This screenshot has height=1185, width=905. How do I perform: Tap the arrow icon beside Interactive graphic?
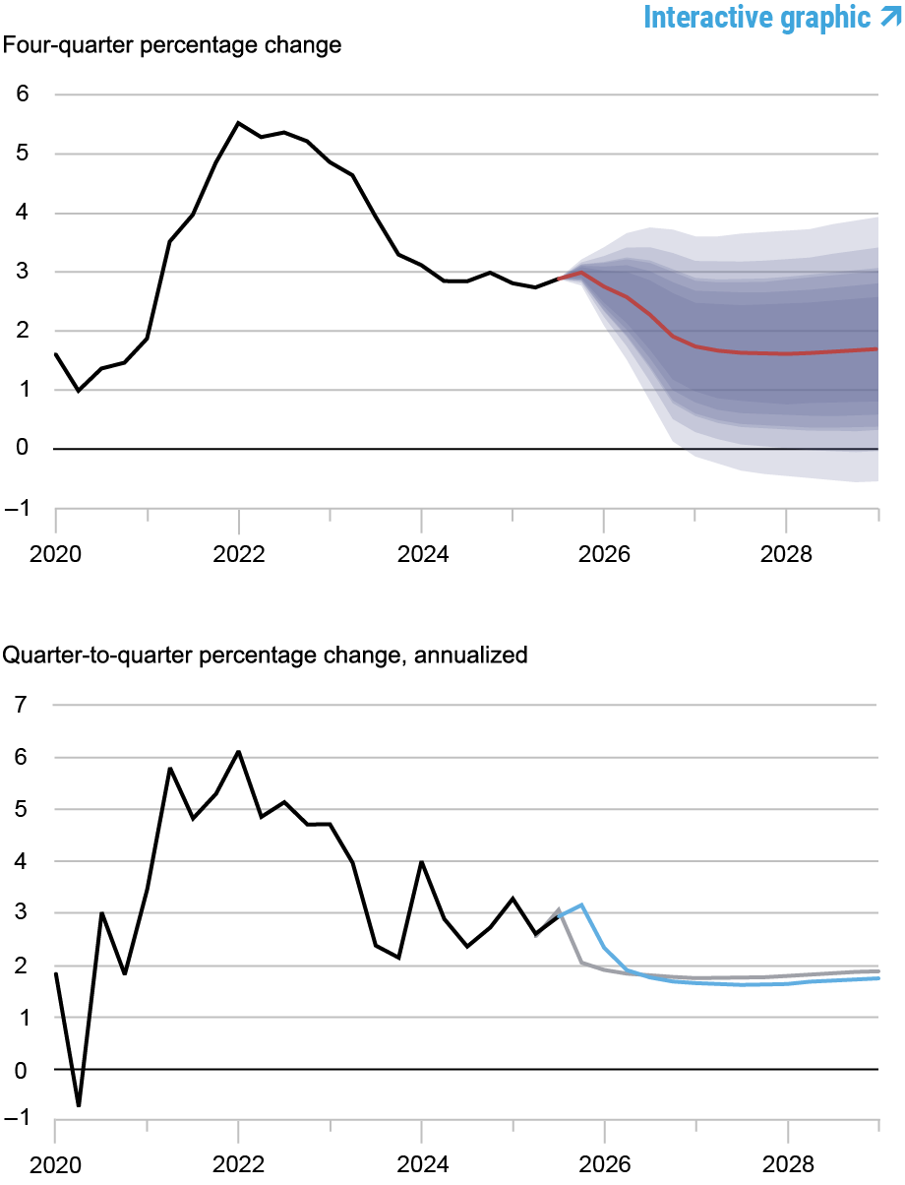click(x=889, y=17)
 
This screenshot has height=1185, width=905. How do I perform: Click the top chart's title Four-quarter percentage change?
click(x=172, y=46)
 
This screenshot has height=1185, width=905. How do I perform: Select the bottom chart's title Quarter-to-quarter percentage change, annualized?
click(x=266, y=655)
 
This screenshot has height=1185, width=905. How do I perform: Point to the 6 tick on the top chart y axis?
click(x=22, y=94)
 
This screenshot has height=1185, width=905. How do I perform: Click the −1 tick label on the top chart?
click(x=18, y=508)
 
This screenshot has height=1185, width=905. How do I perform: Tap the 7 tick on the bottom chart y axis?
click(x=22, y=705)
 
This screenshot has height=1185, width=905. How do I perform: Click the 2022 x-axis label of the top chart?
click(x=238, y=554)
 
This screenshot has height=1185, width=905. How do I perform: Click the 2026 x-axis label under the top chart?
click(x=603, y=554)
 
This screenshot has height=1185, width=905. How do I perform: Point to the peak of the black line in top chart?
click(x=238, y=123)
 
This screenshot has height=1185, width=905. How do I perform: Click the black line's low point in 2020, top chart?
click(x=79, y=391)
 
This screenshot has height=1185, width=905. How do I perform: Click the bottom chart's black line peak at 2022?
click(x=238, y=752)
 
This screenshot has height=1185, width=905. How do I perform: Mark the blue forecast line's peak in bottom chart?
click(x=582, y=904)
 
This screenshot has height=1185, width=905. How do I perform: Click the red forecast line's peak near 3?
click(x=581, y=273)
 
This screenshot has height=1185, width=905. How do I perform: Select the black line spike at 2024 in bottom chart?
click(x=421, y=861)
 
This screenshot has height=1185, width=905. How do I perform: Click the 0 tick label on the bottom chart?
click(x=22, y=1070)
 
